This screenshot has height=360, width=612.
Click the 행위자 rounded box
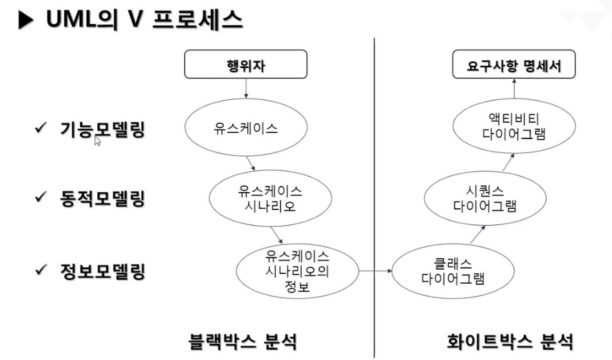[x=246, y=65]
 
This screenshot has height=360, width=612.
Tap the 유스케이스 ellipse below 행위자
[x=246, y=127]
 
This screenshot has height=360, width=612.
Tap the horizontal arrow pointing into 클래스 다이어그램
[x=375, y=271]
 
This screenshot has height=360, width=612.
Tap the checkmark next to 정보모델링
[x=41, y=271]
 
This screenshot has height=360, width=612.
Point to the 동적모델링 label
[x=102, y=200]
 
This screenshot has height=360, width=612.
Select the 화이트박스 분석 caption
[x=510, y=341]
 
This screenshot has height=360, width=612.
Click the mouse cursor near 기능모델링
[x=97, y=140]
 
